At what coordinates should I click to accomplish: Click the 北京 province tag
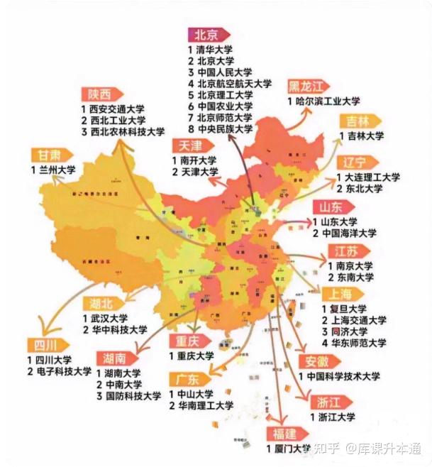coord(207,35)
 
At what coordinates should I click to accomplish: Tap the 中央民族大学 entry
coord(225,128)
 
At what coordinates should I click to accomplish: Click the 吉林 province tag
coord(358,121)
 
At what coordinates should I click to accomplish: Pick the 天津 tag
coord(189,145)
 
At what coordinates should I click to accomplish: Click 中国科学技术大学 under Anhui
coord(343,376)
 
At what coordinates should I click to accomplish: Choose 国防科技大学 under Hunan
coord(132,395)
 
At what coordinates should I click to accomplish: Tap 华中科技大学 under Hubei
coord(113,330)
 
